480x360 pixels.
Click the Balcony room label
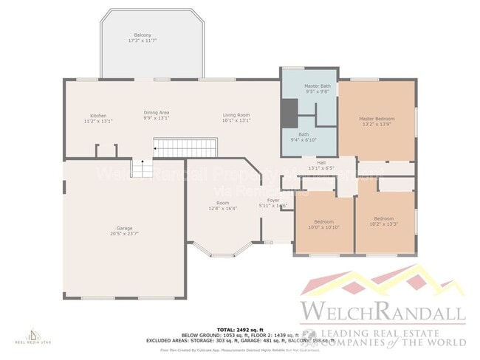143,35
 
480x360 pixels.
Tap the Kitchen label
98,115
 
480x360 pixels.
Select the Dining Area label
156,113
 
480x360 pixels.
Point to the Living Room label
237,114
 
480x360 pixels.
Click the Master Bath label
318,86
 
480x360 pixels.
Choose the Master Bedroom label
377,118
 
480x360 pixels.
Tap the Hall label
321,162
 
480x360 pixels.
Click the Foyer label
273,200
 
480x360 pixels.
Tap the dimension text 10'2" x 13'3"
383,224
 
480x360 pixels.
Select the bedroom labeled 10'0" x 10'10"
323,224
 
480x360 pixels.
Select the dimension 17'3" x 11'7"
143,41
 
